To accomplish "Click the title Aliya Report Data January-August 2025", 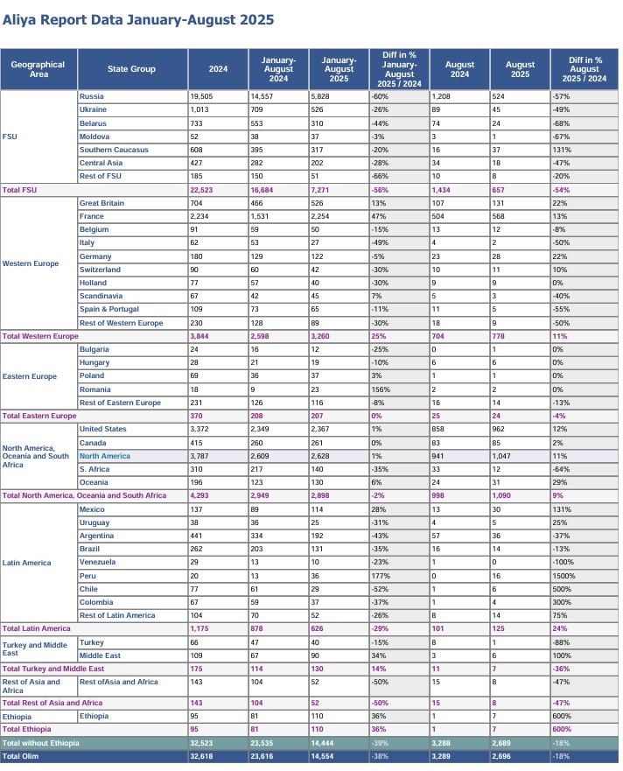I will [x=138, y=19].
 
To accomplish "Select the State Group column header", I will [x=132, y=68].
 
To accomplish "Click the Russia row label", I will [x=93, y=96].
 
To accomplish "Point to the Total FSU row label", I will [x=24, y=190].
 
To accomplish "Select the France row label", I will [x=92, y=216].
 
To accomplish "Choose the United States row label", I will [x=102, y=429].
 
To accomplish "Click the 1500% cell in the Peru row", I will [x=563, y=576].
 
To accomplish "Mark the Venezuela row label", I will [x=98, y=562].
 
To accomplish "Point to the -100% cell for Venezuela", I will [x=562, y=562].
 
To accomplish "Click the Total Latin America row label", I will [x=37, y=628].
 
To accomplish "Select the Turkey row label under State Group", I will [x=91, y=642].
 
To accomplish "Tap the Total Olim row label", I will [x=23, y=755].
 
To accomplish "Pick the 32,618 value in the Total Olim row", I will [x=203, y=755].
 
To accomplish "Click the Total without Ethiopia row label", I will [x=40, y=742].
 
